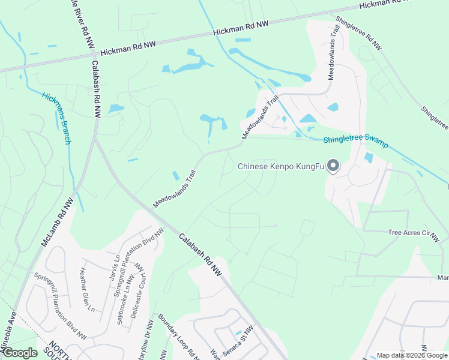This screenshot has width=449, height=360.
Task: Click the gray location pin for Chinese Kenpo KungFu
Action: click(x=334, y=166)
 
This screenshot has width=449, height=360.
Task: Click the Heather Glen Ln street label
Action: click(x=87, y=289)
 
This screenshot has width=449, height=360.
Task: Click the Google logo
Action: click(x=20, y=353)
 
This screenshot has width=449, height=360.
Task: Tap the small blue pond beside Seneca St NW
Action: click(x=238, y=332)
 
